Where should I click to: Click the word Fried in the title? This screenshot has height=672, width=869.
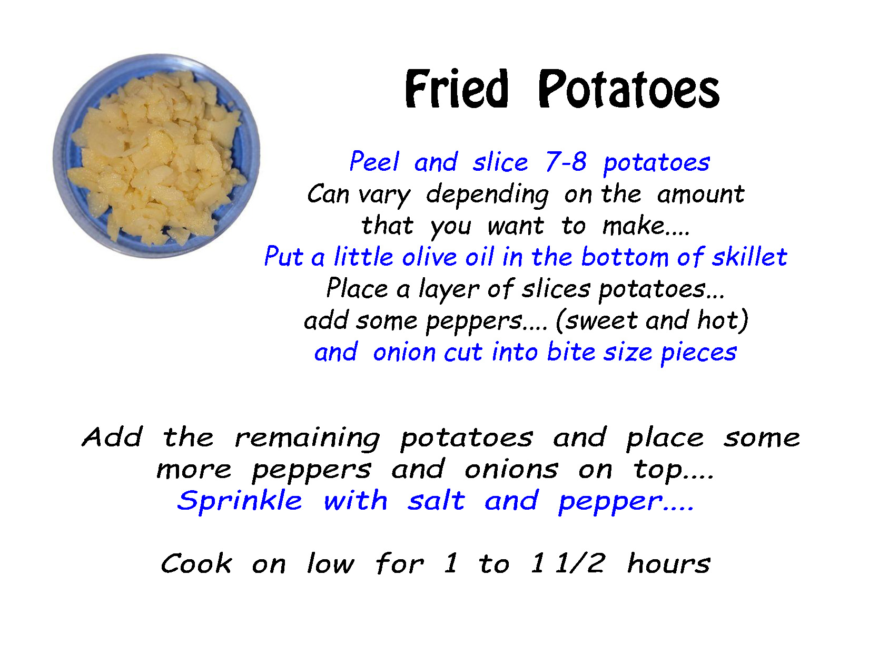[x=456, y=89]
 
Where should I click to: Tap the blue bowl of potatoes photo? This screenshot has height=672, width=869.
[x=156, y=156]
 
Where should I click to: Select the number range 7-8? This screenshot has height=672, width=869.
[x=566, y=162]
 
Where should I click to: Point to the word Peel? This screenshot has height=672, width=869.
[x=374, y=162]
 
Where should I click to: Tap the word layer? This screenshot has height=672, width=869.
[x=449, y=289]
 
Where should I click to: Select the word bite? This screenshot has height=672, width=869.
[x=571, y=352]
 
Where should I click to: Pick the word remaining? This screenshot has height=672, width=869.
[x=307, y=439]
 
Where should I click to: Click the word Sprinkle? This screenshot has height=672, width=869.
[x=240, y=501]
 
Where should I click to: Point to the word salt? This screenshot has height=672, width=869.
[x=436, y=500]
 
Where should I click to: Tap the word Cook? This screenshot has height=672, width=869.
[x=196, y=564]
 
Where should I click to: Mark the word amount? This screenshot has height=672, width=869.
[x=700, y=194]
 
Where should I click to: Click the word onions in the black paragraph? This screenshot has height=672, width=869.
[x=511, y=469]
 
